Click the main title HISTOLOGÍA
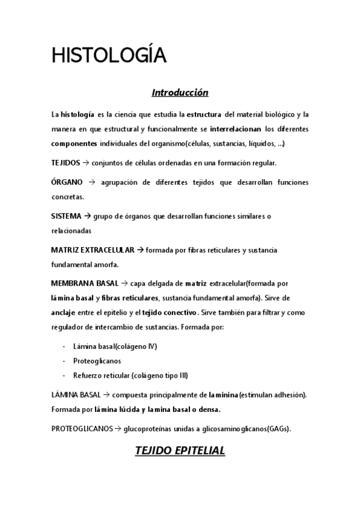108,55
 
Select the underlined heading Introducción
180,93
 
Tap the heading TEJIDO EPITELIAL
180,450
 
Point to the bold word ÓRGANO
67,182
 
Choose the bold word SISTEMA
66,216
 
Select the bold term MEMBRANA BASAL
85,283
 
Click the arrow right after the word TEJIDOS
85,163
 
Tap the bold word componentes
74,144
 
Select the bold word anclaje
64,312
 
